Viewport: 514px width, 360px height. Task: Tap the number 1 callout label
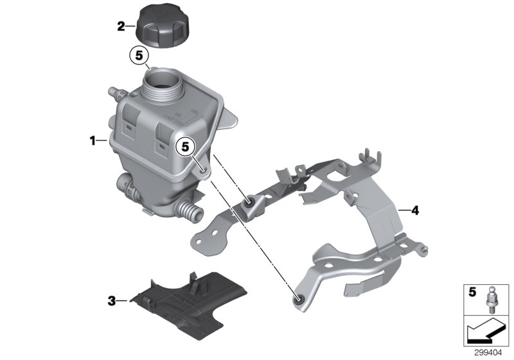(x=94, y=139)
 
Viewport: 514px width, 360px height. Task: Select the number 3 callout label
(x=112, y=300)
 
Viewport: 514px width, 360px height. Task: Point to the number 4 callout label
(x=414, y=210)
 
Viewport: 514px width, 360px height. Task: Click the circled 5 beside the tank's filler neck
(x=139, y=55)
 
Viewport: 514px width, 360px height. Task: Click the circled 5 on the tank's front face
(x=186, y=147)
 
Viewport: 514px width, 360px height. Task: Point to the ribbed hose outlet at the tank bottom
(x=189, y=211)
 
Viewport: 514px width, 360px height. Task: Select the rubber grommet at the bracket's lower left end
(x=298, y=298)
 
